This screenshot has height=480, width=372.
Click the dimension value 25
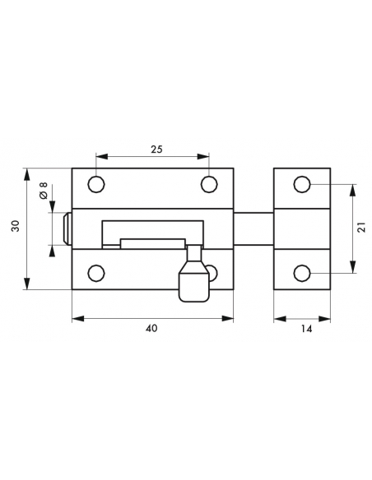click(x=156, y=150)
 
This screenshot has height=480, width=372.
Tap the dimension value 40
click(x=151, y=328)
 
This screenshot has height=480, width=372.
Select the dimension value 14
click(x=306, y=329)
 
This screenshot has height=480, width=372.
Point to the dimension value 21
click(x=362, y=227)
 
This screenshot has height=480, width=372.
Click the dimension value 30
click(x=16, y=226)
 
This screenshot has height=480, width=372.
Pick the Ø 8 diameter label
click(x=44, y=191)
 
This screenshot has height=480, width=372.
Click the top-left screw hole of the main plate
click(x=96, y=185)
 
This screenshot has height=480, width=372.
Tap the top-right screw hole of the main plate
click(x=210, y=185)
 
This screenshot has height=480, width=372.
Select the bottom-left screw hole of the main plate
click(x=96, y=273)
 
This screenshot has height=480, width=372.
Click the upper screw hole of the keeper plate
click(x=302, y=185)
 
